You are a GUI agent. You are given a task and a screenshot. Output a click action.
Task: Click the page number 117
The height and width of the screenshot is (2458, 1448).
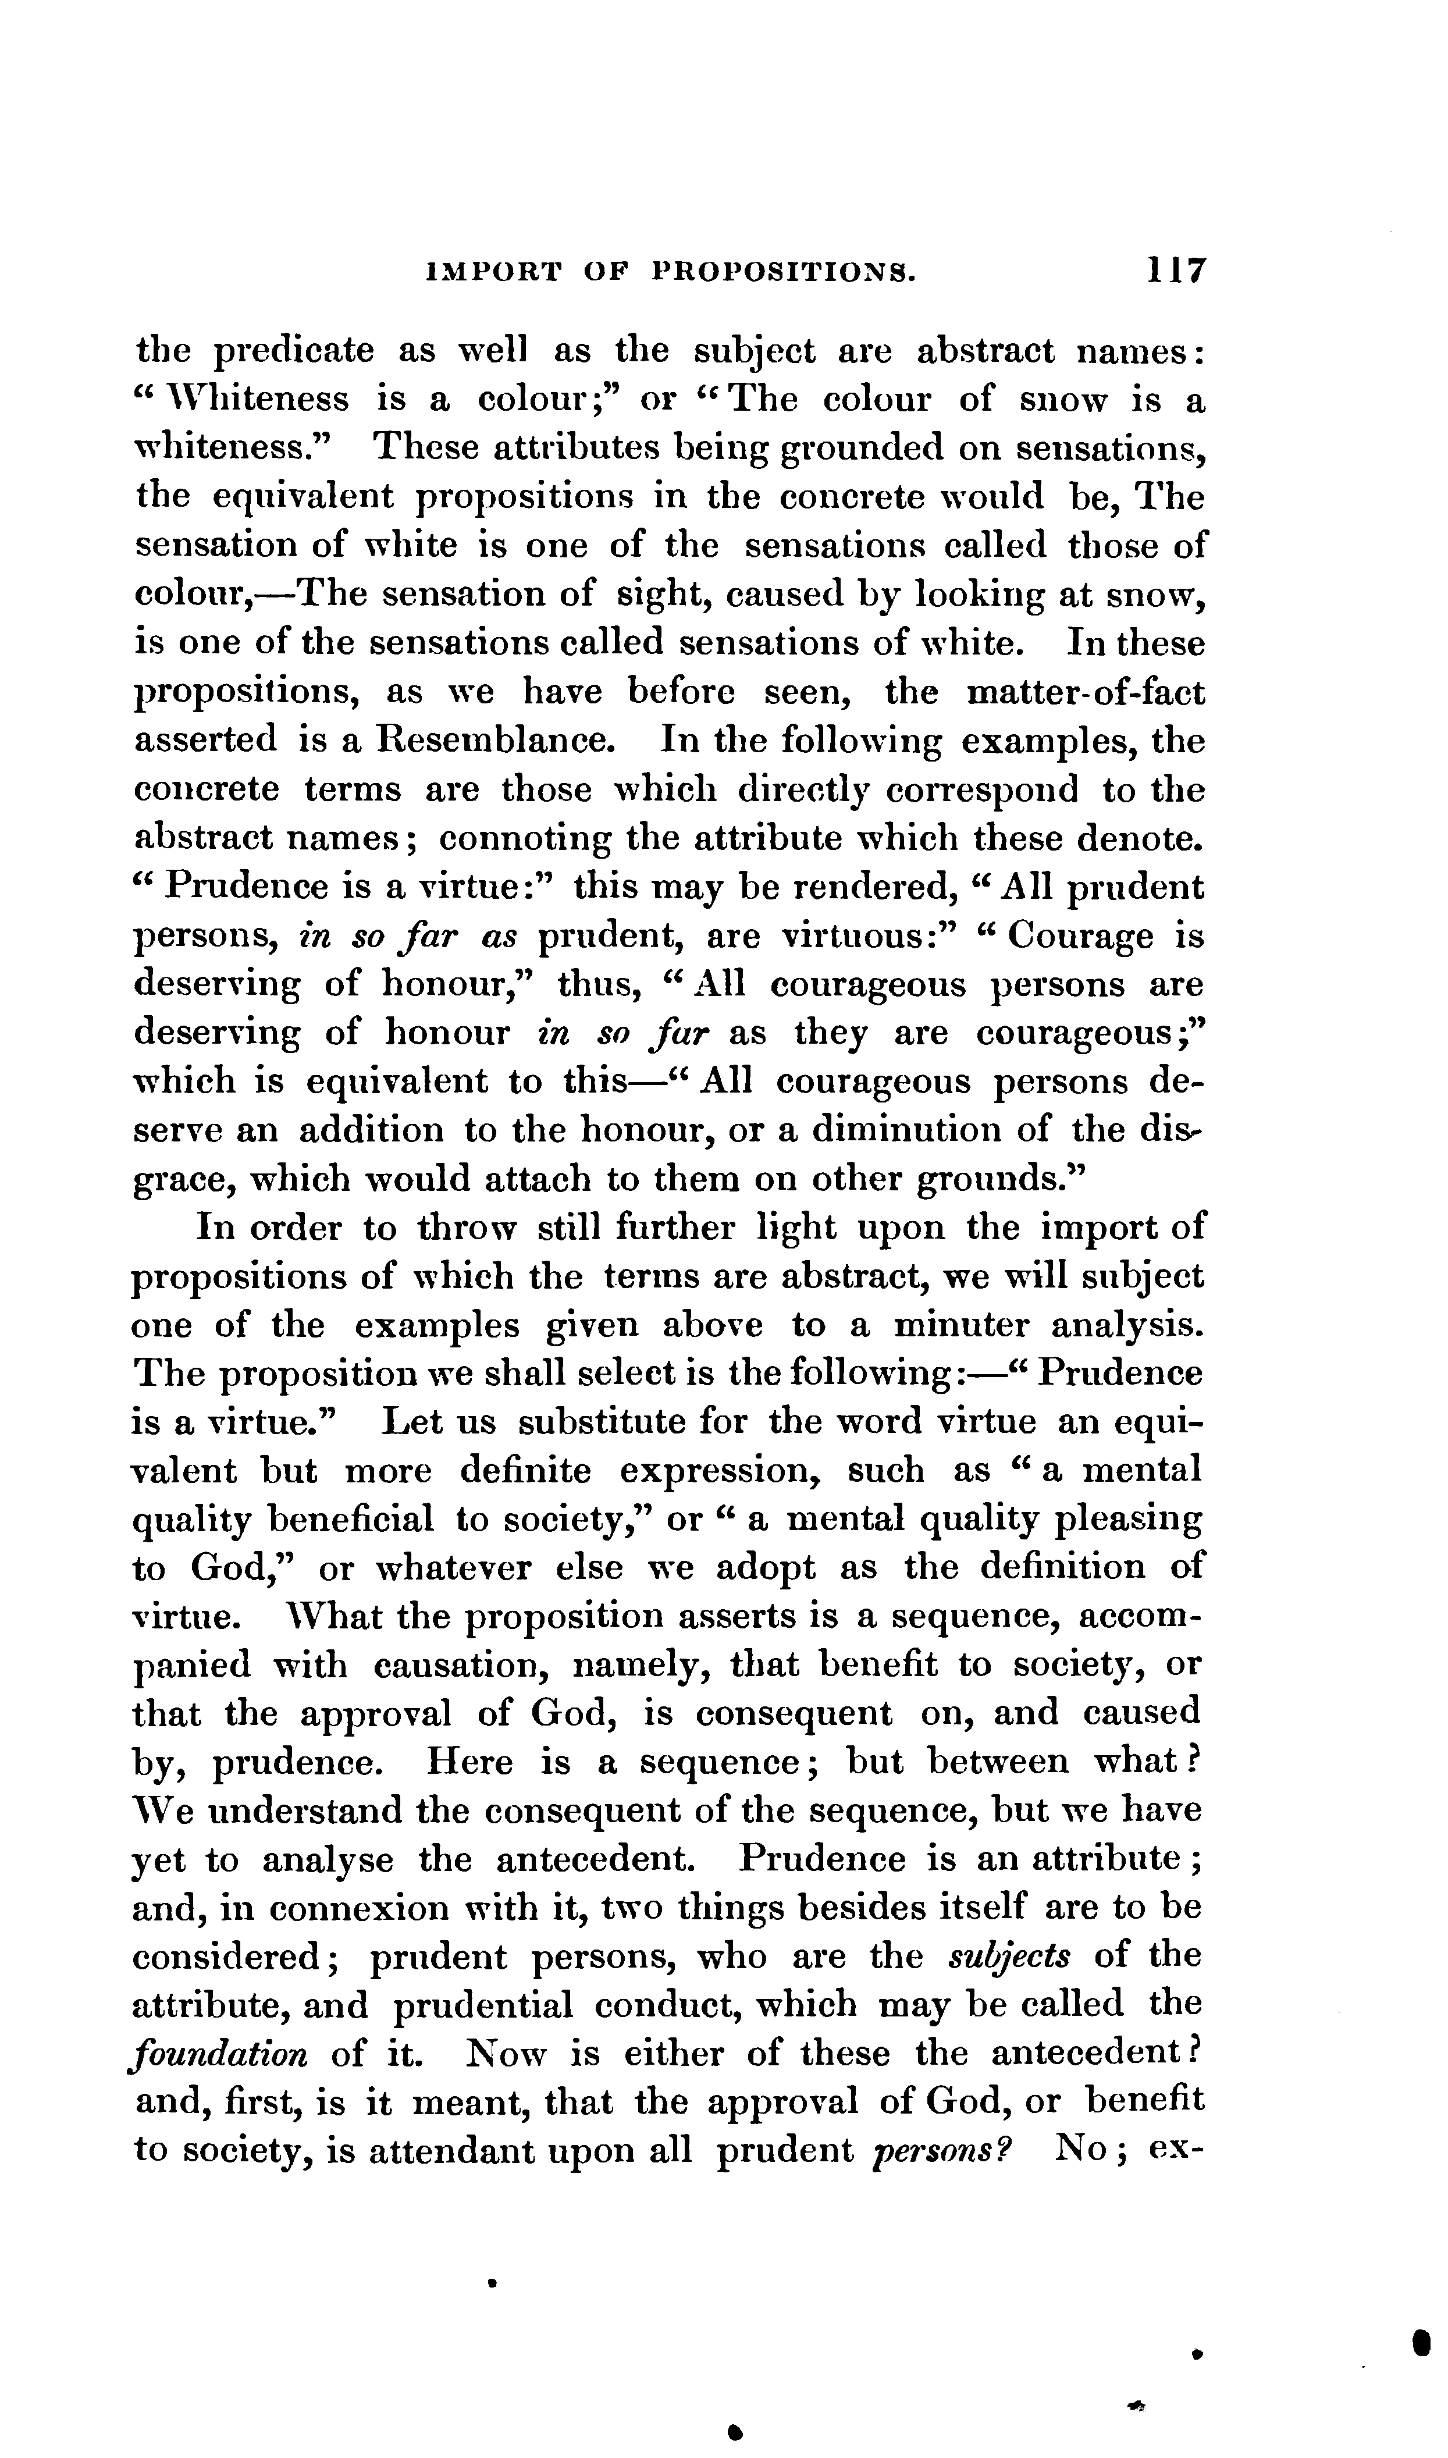click(1177, 271)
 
